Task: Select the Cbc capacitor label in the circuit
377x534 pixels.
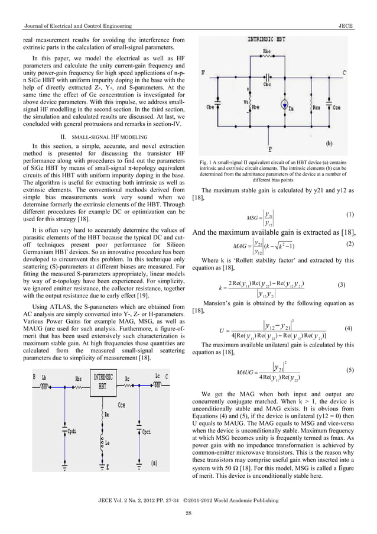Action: click(x=267, y=84)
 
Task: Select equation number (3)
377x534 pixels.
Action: click(x=341, y=284)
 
